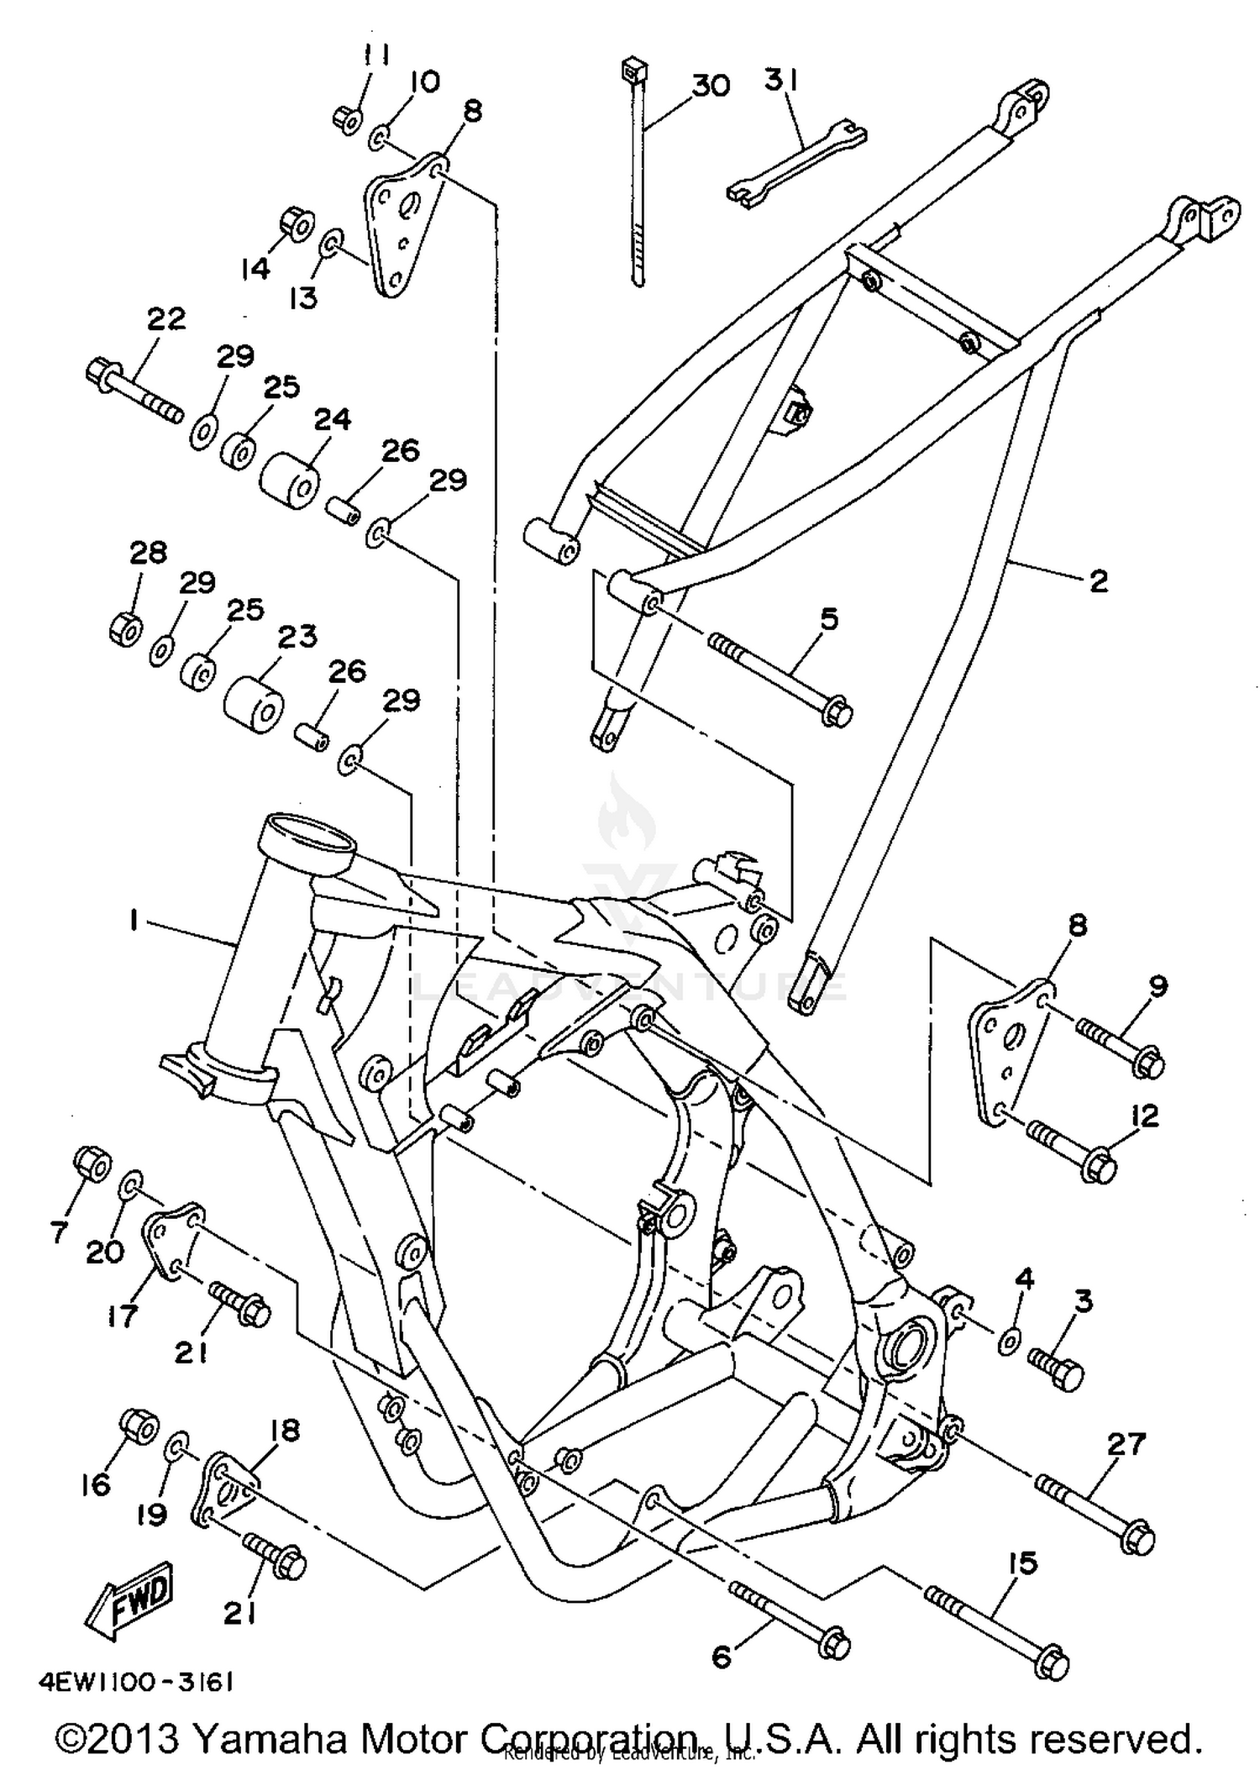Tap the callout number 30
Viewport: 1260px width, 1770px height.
pyautogui.click(x=711, y=86)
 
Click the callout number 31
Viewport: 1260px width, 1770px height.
pyautogui.click(x=781, y=81)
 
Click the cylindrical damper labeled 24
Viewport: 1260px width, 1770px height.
pyautogui.click(x=291, y=481)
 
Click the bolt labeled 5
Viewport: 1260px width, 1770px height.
pyautogui.click(x=781, y=679)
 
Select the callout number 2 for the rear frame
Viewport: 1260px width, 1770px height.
pyautogui.click(x=1098, y=580)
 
